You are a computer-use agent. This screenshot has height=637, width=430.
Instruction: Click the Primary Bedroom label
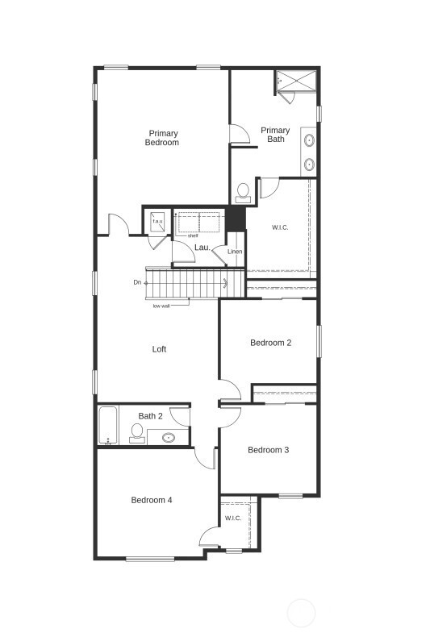tap(162, 138)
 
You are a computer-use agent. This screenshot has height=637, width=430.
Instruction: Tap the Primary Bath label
tap(275, 135)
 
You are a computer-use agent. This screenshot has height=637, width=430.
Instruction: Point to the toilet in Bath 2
tap(137, 433)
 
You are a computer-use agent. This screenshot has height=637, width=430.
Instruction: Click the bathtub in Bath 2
tap(108, 425)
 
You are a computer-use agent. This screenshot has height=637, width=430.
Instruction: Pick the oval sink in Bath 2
tap(169, 438)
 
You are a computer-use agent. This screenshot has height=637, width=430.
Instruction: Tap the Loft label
tap(160, 349)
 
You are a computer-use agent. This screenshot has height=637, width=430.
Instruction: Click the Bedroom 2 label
tap(270, 343)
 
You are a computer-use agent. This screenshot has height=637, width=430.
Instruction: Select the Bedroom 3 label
tap(268, 450)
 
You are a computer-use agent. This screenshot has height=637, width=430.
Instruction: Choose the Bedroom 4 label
tap(152, 500)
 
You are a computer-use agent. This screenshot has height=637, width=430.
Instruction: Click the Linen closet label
tap(235, 252)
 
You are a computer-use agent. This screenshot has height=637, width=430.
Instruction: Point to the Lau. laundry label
tap(202, 247)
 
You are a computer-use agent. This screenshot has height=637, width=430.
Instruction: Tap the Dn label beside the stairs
tap(137, 282)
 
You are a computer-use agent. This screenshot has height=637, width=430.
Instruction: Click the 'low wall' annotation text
tap(161, 306)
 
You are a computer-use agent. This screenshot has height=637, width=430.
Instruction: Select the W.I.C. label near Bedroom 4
tap(233, 518)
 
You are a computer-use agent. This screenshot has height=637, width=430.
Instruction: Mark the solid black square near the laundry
tap(235, 218)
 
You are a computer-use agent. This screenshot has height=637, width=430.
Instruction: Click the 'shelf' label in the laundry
tap(193, 235)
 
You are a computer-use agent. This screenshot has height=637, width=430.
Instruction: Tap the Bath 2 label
tap(150, 416)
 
